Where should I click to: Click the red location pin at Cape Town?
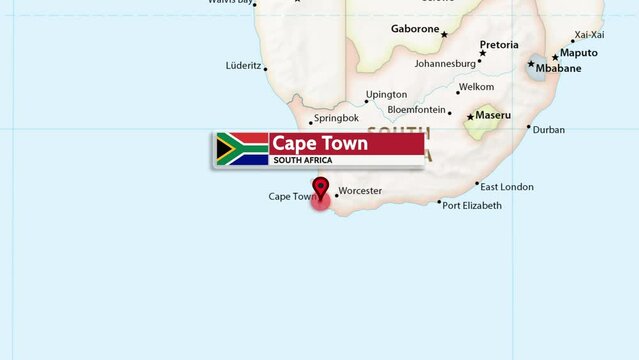[321, 189]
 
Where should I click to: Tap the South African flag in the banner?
[242, 149]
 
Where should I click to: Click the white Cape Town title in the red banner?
[320, 144]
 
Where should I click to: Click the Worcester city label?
[360, 191]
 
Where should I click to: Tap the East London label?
[507, 187]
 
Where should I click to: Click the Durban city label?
[548, 130]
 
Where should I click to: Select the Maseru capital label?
[492, 116]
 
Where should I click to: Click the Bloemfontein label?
[416, 110]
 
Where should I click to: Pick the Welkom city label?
[476, 88]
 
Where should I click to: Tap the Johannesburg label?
[445, 64]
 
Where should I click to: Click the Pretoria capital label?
[499, 45]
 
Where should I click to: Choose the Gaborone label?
[415, 30]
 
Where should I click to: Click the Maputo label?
[578, 53]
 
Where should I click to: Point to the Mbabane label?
[557, 69]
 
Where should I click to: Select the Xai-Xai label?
[589, 35]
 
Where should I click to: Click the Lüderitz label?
[244, 66]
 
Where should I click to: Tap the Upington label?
[386, 95]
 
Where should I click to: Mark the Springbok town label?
[336, 118]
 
